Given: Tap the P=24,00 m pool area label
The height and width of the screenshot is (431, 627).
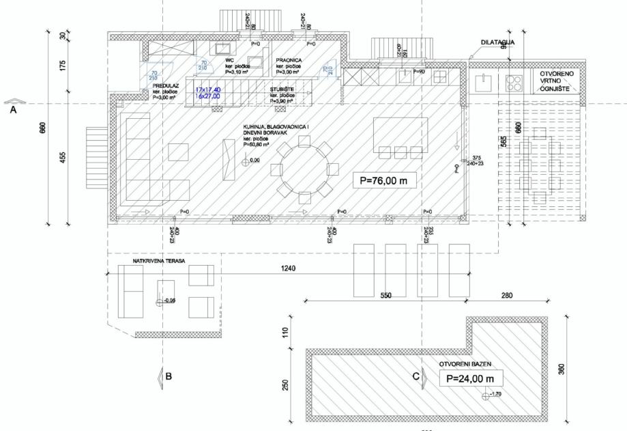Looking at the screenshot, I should pos(470,378).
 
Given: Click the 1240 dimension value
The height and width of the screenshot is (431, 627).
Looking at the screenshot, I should pos(287,270).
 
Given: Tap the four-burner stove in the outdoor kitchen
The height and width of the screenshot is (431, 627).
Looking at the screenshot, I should pos(514,82).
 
